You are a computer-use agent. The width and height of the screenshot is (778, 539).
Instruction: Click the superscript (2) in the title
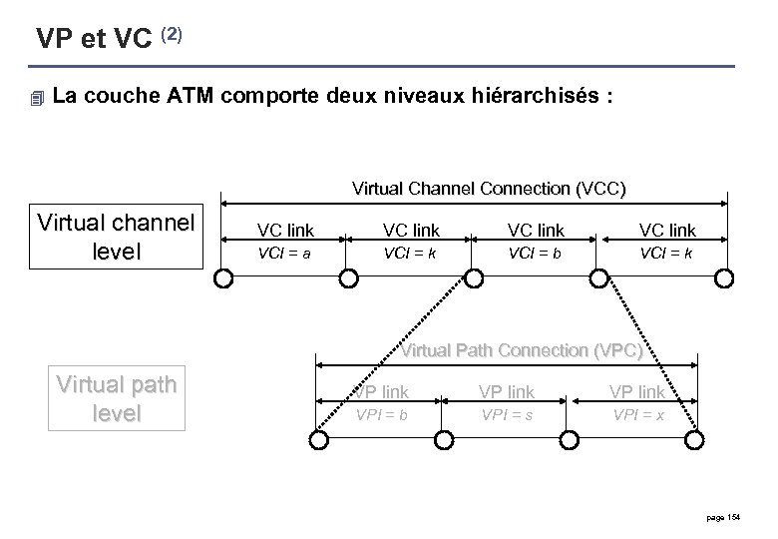point(171,35)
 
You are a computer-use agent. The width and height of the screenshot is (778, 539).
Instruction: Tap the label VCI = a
point(283,254)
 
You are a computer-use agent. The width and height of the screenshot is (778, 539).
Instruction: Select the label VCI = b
point(535,254)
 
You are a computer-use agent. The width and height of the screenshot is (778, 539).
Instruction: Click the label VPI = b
point(382,413)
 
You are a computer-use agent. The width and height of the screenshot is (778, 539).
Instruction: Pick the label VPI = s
point(507,413)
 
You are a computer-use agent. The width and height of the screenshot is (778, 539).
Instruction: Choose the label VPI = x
point(638,413)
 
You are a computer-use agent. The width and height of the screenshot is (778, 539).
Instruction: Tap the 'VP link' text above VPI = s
point(507,392)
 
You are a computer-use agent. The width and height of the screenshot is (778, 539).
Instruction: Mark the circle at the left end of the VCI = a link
point(223,280)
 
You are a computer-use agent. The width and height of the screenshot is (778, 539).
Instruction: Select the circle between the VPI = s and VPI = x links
point(569,440)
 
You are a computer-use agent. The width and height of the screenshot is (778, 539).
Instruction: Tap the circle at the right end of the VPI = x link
point(694,440)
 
